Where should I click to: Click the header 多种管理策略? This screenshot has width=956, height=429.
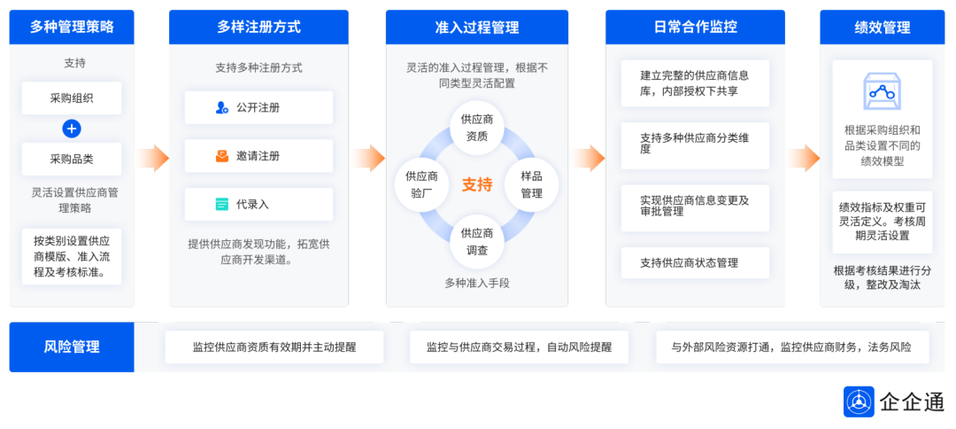72,27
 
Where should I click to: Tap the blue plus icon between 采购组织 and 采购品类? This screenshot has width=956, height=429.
72,129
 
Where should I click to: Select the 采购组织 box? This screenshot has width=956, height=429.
72,98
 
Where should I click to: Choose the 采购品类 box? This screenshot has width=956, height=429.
72,160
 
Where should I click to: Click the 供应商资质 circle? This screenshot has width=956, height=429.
476,127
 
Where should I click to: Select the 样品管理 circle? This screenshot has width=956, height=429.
531,184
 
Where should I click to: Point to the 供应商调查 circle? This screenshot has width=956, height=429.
476,241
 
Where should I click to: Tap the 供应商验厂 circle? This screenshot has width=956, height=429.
421,184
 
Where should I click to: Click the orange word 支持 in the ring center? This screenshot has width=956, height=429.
476,184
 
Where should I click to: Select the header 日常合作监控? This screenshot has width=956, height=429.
695,27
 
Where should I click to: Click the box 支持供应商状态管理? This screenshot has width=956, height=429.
695,262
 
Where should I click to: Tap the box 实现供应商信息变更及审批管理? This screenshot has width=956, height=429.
695,207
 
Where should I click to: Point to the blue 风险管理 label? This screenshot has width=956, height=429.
72,347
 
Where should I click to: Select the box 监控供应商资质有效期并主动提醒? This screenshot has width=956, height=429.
274,347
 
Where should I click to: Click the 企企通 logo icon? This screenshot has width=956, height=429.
859,402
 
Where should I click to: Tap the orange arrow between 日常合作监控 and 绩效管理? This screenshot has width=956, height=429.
804,159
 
